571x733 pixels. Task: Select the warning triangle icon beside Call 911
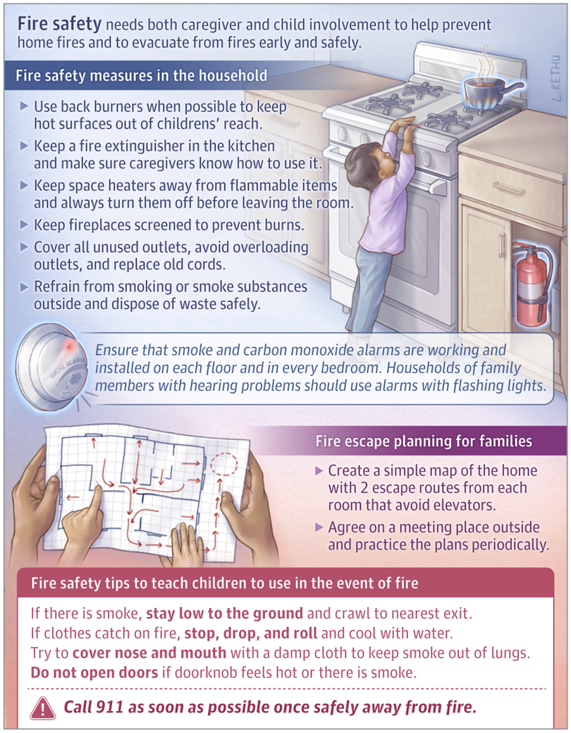43,708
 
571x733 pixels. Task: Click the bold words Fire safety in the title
59,25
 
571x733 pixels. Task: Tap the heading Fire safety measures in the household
141,75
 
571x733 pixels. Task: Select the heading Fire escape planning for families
423,441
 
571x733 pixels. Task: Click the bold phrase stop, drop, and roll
250,632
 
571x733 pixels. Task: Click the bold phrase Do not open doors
94,672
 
